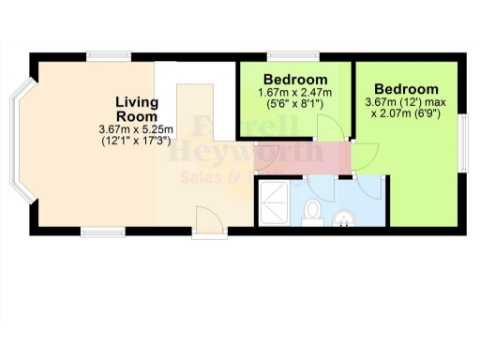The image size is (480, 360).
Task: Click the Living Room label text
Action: (136, 108)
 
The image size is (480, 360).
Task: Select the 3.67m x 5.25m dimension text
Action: (136, 128)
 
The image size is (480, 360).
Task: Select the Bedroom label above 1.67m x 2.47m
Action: (295, 79)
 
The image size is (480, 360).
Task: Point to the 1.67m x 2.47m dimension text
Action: (295, 93)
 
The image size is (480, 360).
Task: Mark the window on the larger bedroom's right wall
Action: (463, 142)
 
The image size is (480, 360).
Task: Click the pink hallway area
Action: (300, 154)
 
